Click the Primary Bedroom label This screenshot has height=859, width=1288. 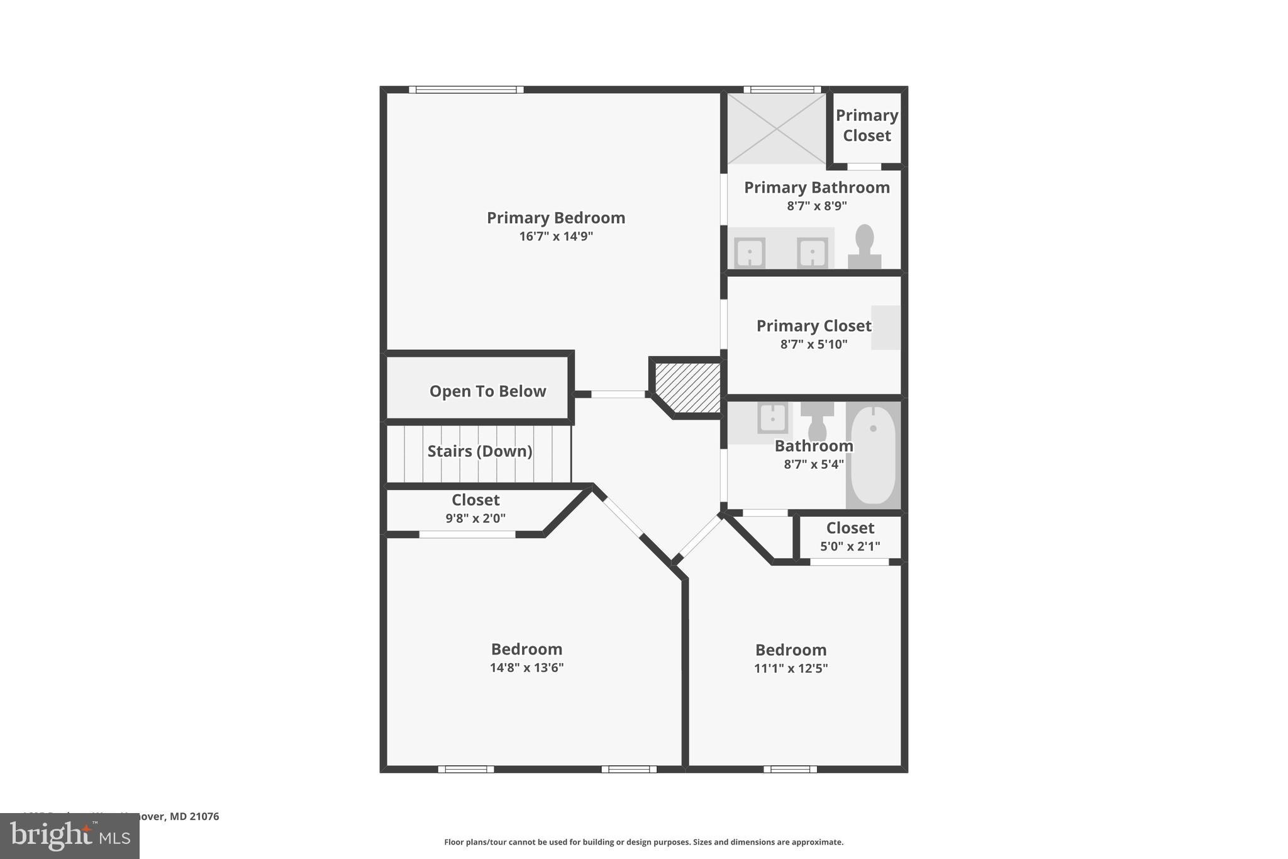[x=556, y=218]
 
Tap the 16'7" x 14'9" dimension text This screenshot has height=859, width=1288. [x=556, y=237]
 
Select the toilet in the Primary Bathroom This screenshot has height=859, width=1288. [x=865, y=247]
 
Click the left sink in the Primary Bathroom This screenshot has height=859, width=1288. [x=750, y=253]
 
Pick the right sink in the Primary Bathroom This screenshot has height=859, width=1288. [x=812, y=253]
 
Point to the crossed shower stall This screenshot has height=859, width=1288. [x=777, y=128]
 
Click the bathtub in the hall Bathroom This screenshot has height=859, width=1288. [x=873, y=454]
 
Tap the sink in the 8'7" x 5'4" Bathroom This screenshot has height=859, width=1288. [x=772, y=418]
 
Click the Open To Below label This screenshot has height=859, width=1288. [x=487, y=391]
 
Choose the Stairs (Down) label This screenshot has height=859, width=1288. [x=480, y=451]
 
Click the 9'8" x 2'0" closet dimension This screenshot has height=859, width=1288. [x=475, y=519]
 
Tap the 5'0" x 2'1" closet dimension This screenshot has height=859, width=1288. [x=850, y=546]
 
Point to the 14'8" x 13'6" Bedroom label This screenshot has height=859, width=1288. [x=526, y=649]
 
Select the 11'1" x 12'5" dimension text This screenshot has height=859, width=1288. [x=791, y=668]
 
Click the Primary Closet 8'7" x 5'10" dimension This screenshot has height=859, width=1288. [x=814, y=344]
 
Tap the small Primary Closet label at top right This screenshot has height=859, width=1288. [x=867, y=125]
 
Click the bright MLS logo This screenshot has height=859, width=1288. [x=70, y=836]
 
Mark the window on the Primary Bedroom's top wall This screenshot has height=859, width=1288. [x=466, y=90]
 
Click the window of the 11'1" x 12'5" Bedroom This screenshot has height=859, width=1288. [x=790, y=769]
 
